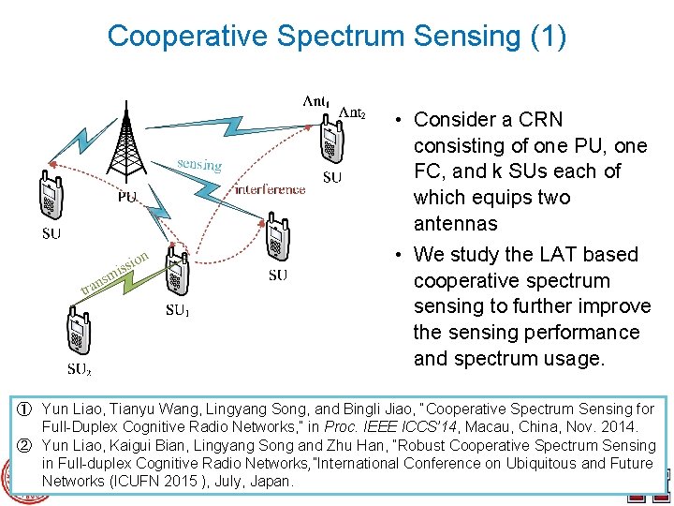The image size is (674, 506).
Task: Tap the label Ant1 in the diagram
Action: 315,100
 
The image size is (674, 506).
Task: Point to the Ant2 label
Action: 352,112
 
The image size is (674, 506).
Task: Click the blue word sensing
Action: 199,164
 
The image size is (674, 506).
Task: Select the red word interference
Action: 270,189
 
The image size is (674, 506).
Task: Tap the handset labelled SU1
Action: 173,272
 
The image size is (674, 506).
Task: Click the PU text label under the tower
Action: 127,197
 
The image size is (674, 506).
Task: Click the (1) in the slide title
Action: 548,36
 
